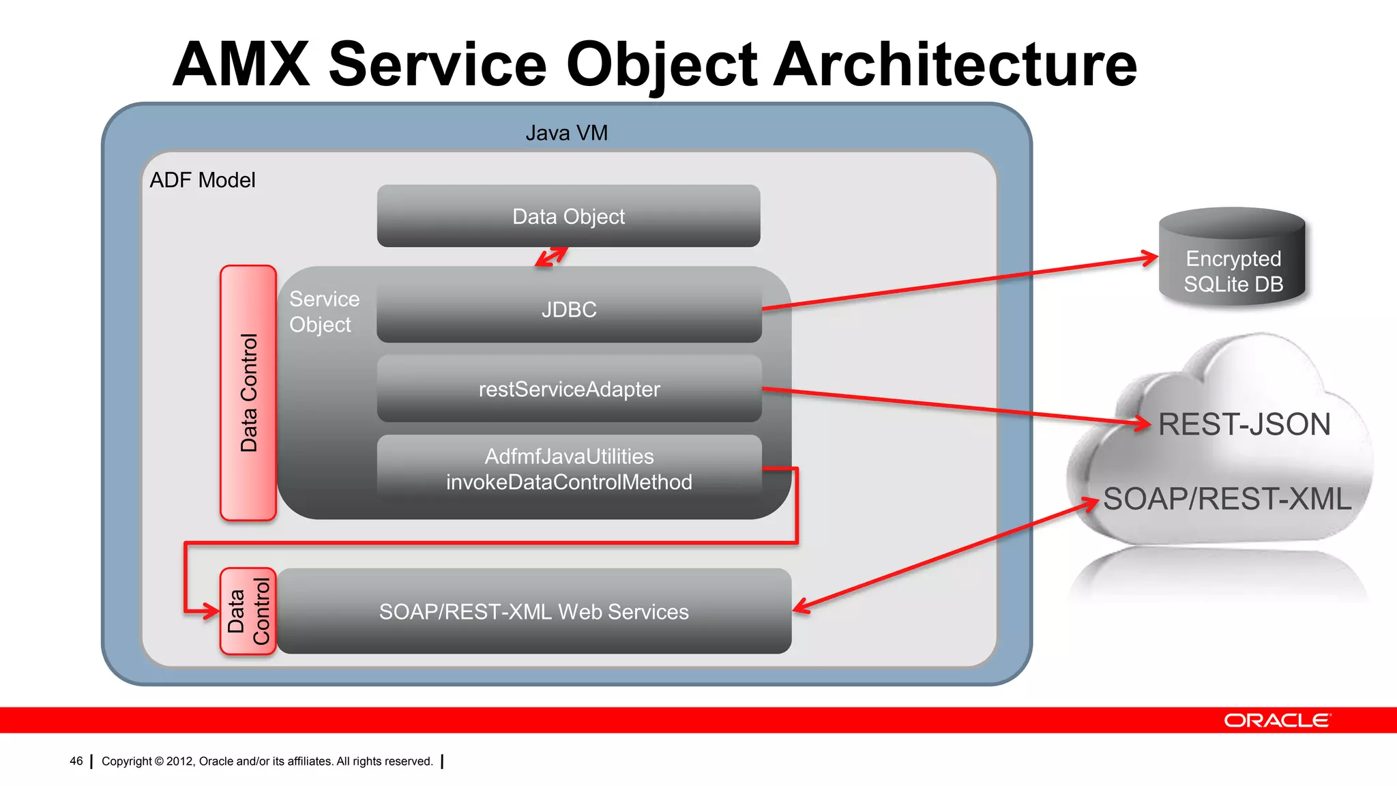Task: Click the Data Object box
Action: click(x=568, y=216)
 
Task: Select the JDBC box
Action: click(x=569, y=310)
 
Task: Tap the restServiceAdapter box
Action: click(x=569, y=389)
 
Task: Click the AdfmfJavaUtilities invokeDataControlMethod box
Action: click(x=569, y=469)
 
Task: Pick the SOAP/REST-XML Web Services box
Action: click(x=533, y=612)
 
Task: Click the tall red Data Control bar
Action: click(x=248, y=393)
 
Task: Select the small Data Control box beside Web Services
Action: click(x=248, y=611)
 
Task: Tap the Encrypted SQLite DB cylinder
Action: click(x=1233, y=259)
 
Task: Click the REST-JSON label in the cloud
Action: click(x=1244, y=424)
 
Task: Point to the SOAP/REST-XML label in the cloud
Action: click(x=1226, y=499)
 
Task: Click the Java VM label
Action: click(x=566, y=133)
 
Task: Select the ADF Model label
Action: click(x=203, y=180)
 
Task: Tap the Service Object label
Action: click(x=323, y=312)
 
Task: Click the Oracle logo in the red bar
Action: click(x=1276, y=720)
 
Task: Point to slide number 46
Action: click(x=76, y=761)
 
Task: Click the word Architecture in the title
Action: click(x=955, y=65)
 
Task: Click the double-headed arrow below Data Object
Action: click(x=551, y=257)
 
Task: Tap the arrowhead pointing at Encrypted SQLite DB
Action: click(x=1151, y=258)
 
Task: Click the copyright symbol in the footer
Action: click(x=159, y=761)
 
